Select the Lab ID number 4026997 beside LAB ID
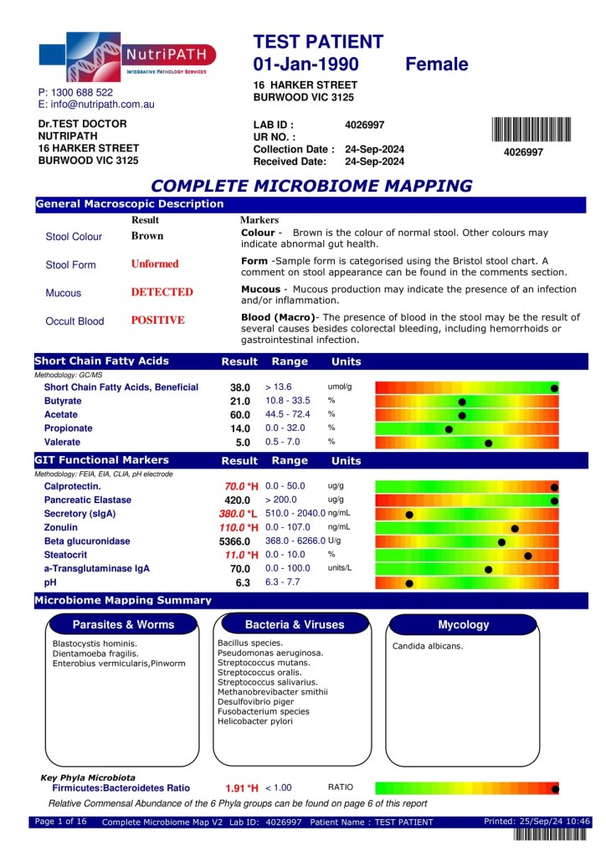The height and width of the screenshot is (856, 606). coord(364,125)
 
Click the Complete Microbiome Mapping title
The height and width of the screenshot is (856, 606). coord(311,186)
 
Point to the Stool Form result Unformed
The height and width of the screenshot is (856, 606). coord(155,264)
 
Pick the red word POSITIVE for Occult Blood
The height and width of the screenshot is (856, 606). coord(157,320)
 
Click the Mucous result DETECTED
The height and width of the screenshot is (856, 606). coord(162,292)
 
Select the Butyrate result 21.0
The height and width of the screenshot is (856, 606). coord(240,402)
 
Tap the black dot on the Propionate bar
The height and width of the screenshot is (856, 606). coord(449,429)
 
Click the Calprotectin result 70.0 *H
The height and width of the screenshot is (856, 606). coord(242,486)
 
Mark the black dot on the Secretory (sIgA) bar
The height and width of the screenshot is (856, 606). coord(409,515)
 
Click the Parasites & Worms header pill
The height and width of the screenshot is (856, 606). coord(124,624)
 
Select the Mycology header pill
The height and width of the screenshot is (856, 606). coord(464,624)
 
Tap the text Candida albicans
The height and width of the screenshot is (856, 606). coord(428,646)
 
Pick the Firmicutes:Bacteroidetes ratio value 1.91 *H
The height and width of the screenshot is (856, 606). coord(242,788)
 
